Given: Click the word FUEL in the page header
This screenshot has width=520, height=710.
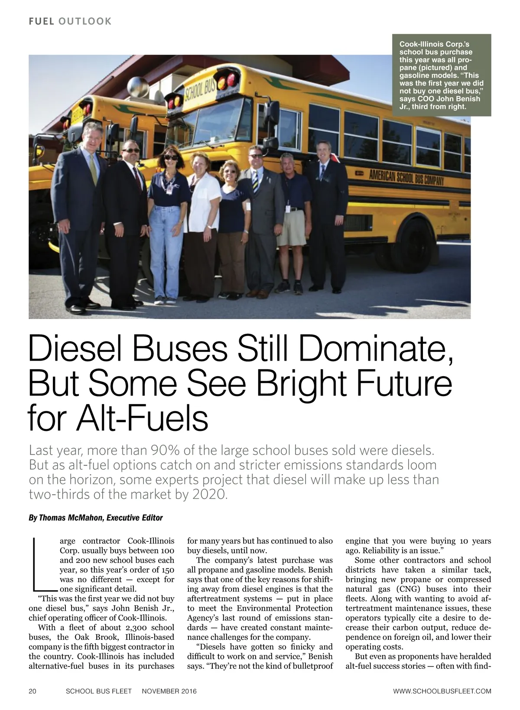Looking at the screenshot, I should [x=41, y=21].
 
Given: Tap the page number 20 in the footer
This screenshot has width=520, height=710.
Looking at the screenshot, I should [x=32, y=691].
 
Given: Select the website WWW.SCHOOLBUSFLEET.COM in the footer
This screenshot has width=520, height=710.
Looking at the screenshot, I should [x=442, y=691].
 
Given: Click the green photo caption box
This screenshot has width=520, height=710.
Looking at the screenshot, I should [x=442, y=75].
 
